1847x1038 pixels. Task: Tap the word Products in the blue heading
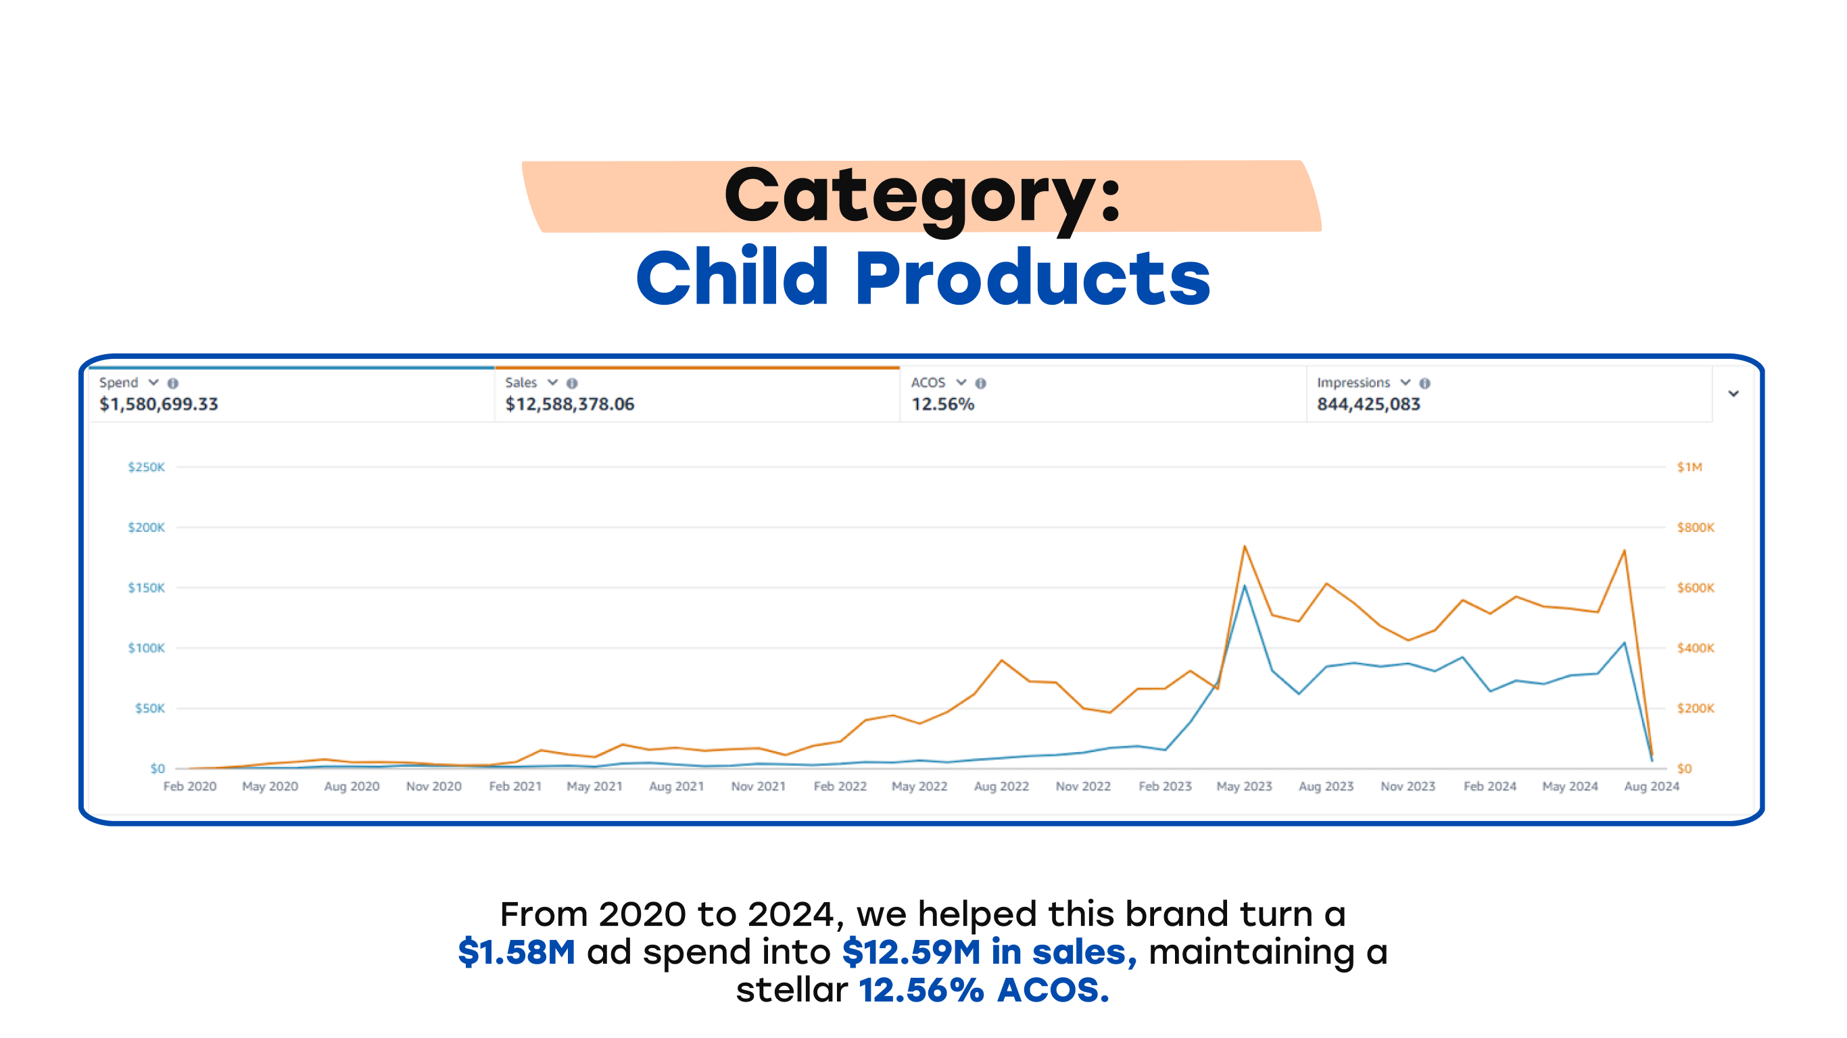point(1032,278)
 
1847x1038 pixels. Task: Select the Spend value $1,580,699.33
point(158,404)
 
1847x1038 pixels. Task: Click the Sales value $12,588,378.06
point(569,404)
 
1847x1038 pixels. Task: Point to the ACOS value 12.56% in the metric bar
point(942,404)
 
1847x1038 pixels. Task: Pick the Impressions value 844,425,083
point(1368,404)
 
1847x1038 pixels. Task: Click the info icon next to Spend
point(173,384)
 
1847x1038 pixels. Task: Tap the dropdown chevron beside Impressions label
point(1406,382)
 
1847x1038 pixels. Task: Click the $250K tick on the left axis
point(146,468)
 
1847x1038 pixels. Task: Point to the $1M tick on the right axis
point(1689,468)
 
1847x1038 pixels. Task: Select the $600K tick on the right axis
point(1695,588)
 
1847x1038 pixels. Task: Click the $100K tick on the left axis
point(146,648)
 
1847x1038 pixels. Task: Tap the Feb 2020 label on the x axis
point(190,787)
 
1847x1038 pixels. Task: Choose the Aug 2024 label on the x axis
point(1651,787)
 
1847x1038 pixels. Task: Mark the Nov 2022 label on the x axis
point(1082,787)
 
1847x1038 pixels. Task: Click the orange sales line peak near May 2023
point(1245,547)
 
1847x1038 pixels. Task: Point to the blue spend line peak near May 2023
point(1245,587)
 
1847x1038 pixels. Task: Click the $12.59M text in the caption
point(911,952)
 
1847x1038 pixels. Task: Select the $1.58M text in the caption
point(517,952)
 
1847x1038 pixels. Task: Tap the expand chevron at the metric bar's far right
point(1733,393)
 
